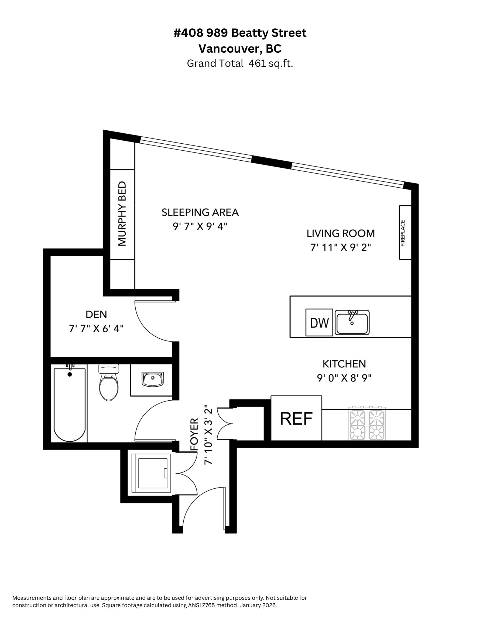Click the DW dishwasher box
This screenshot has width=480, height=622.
(319, 322)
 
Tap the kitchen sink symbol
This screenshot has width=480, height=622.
(352, 322)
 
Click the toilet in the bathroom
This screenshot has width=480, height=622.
(109, 383)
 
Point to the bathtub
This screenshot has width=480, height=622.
(69, 404)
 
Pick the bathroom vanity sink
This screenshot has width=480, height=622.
(153, 379)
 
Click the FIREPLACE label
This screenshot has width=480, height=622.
(403, 233)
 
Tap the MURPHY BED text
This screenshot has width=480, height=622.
(122, 214)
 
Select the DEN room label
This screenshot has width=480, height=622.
(96, 315)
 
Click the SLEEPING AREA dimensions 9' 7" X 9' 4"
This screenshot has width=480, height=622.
(200, 227)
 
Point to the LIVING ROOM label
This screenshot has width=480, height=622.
(341, 233)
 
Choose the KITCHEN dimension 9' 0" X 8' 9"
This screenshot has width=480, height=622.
(344, 378)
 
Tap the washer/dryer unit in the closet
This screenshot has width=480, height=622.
(151, 473)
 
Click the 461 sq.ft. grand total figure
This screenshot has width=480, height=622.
(270, 63)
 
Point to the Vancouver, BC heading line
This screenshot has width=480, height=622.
(240, 49)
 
